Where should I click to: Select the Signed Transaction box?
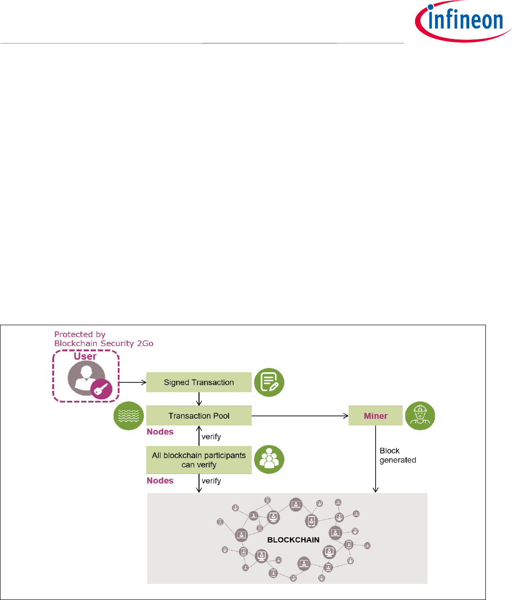pos(199,382)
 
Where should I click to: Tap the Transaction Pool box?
pos(199,416)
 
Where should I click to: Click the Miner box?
pos(375,416)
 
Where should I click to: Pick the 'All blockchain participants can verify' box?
pos(199,460)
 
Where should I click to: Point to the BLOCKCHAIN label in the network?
pos(293,540)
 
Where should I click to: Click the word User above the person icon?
pos(85,357)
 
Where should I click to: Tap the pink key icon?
pos(102,390)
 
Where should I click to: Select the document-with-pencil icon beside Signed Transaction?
pos(269,382)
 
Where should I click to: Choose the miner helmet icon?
pos(420,416)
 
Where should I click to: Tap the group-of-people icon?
pos(269,460)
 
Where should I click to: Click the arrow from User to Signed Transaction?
pos(132,382)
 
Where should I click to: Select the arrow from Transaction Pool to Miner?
pos(300,416)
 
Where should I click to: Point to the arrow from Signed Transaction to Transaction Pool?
pos(199,399)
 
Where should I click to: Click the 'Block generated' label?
pos(398,455)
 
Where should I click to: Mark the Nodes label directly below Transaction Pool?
pos(160,432)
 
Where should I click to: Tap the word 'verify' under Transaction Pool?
pos(211,436)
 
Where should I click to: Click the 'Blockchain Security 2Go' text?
pos(104,343)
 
